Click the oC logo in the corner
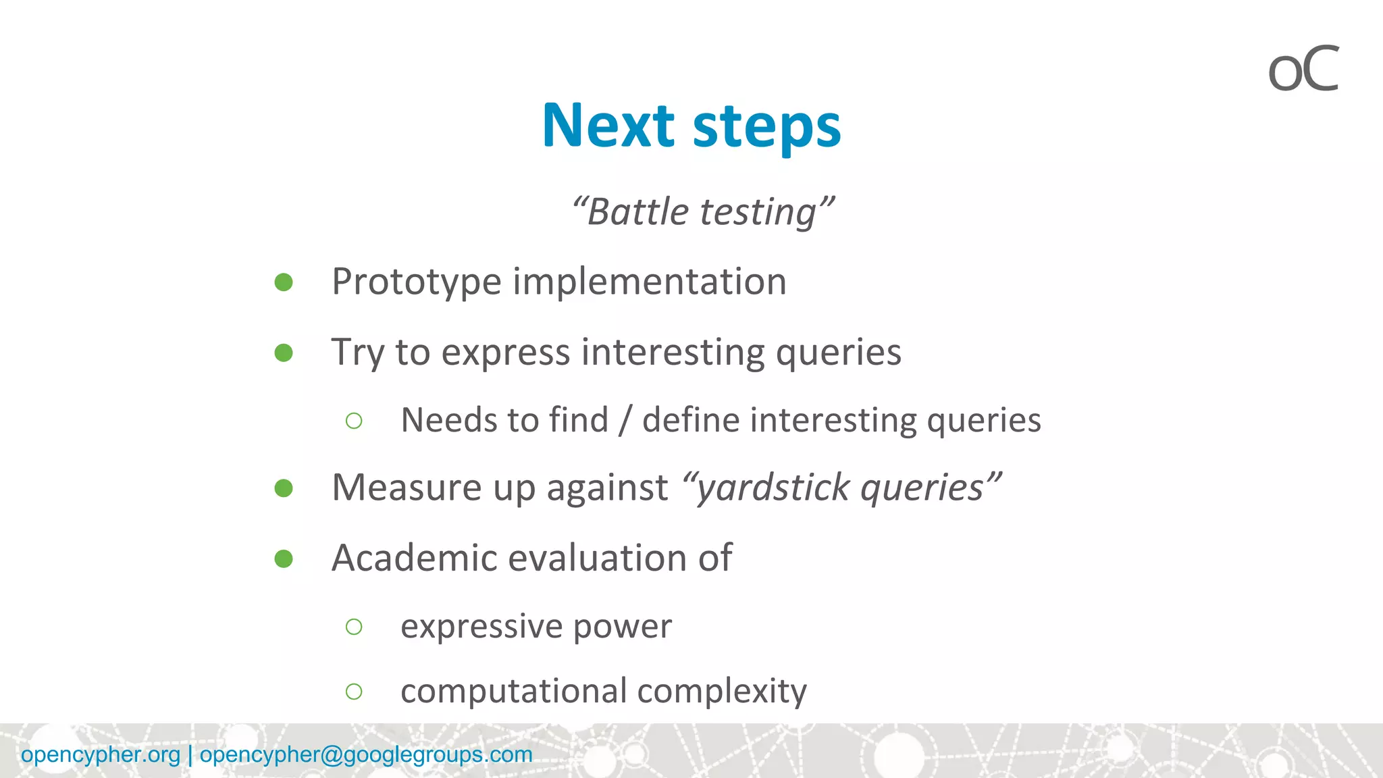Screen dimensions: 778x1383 pyautogui.click(x=1303, y=69)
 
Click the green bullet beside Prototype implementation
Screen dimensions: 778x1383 pyautogui.click(x=284, y=282)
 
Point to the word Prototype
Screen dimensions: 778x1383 pyautogui.click(x=416, y=282)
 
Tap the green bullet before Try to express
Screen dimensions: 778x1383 pyautogui.click(x=284, y=353)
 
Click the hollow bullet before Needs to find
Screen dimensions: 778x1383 pyautogui.click(x=354, y=421)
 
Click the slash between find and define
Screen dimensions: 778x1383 pyautogui.click(x=625, y=420)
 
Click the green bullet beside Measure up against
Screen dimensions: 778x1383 pyautogui.click(x=284, y=488)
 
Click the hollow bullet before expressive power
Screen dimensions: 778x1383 pyautogui.click(x=354, y=627)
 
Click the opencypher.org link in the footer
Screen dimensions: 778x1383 pyautogui.click(x=101, y=754)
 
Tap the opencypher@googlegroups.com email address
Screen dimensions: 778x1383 pyautogui.click(x=366, y=754)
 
